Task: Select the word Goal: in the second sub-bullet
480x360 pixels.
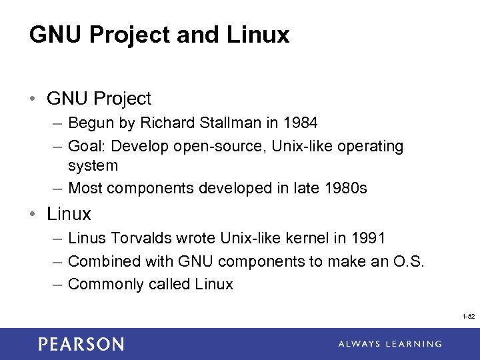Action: click(x=87, y=146)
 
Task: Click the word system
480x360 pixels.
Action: click(x=93, y=165)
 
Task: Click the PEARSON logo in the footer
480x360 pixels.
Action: click(x=81, y=344)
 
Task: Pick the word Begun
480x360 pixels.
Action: click(x=89, y=123)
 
